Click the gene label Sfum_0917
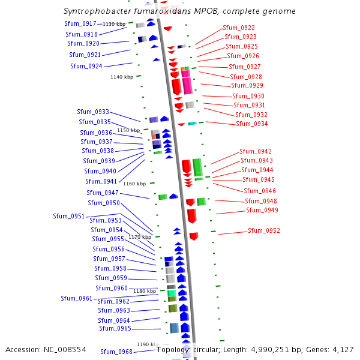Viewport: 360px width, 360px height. pos(81,23)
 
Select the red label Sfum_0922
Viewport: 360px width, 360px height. pos(239,28)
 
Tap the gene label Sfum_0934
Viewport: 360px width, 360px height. pos(252,124)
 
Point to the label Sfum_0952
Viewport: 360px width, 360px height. pos(264,231)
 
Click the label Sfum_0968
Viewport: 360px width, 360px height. pos(116,352)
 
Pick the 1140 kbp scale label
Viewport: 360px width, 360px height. pos(122,77)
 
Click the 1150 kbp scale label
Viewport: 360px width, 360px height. pos(128,130)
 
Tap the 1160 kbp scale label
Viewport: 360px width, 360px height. pos(134,184)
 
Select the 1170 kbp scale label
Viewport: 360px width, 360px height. pos(140,238)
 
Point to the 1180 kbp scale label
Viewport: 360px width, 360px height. pos(145,291)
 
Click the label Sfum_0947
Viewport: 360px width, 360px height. pos(103,193)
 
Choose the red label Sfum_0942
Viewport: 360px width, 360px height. pos(256,152)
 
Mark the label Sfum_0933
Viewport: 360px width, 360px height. pos(93,112)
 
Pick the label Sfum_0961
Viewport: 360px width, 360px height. pos(77,299)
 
